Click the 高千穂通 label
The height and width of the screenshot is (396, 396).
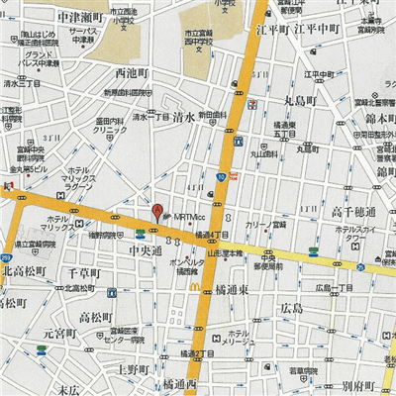(353, 212)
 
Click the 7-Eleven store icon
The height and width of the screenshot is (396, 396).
(253, 103)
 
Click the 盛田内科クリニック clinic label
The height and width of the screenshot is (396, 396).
(109, 129)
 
